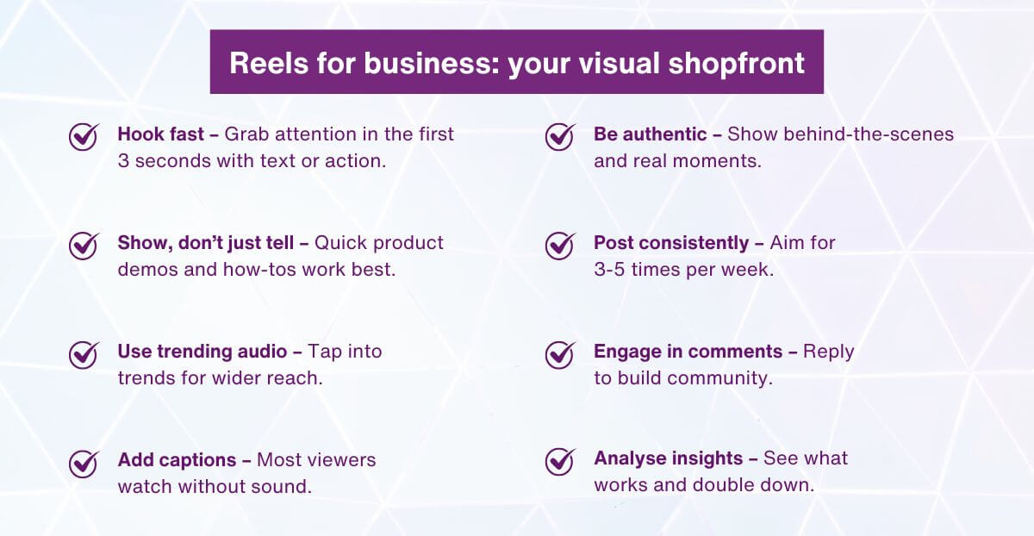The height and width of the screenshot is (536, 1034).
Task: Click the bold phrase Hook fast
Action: coord(160,134)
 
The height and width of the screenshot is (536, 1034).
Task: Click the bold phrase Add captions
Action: coord(177,460)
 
